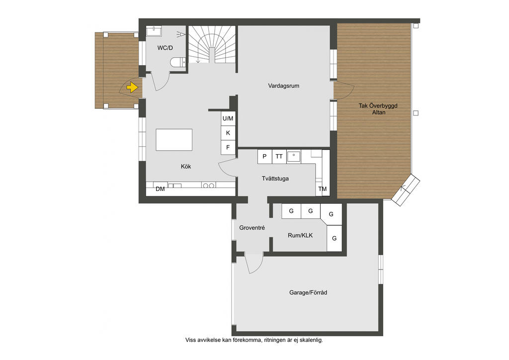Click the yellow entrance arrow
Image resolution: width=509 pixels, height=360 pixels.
pyautogui.click(x=132, y=88)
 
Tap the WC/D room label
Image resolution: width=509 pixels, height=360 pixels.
pyautogui.click(x=165, y=48)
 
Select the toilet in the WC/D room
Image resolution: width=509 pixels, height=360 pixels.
pyautogui.click(x=178, y=62)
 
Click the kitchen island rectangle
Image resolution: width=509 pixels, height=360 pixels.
pyautogui.click(x=174, y=140)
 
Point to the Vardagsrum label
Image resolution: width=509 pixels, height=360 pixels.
pyautogui.click(x=284, y=86)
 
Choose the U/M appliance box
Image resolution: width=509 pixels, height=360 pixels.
pyautogui.click(x=228, y=118)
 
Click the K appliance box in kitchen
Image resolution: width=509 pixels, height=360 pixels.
pyautogui.click(x=228, y=133)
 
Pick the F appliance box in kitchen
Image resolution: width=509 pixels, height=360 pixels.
pyautogui.click(x=228, y=147)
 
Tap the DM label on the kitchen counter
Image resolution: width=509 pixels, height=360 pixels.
pyautogui.click(x=161, y=189)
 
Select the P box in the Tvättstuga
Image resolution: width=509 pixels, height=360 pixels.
pyautogui.click(x=264, y=157)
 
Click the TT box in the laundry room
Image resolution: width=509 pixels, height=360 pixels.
pyautogui.click(x=279, y=157)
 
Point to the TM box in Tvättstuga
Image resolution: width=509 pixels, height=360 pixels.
pyautogui.click(x=323, y=189)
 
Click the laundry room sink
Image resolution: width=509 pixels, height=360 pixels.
pyautogui.click(x=294, y=157)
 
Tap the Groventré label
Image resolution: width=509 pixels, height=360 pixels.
pyautogui.click(x=252, y=228)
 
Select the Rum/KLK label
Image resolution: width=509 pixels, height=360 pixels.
pyautogui.click(x=300, y=235)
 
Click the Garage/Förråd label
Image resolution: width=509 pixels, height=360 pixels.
pyautogui.click(x=308, y=292)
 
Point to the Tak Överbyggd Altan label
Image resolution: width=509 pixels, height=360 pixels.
pyautogui.click(x=378, y=109)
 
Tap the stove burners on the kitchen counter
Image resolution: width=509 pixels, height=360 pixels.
pyautogui.click(x=208, y=185)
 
